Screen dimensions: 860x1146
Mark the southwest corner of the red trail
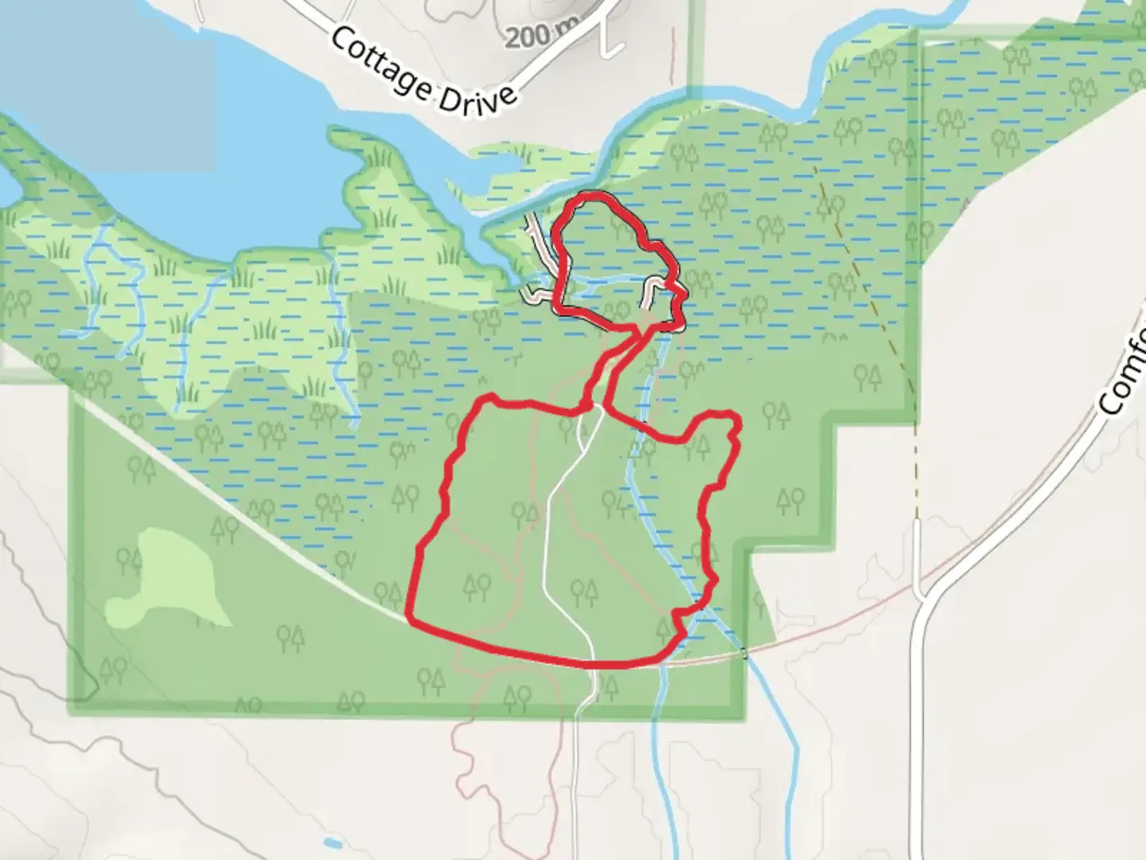pyautogui.click(x=409, y=616)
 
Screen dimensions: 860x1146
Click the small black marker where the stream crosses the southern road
pyautogui.click(x=744, y=654)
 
